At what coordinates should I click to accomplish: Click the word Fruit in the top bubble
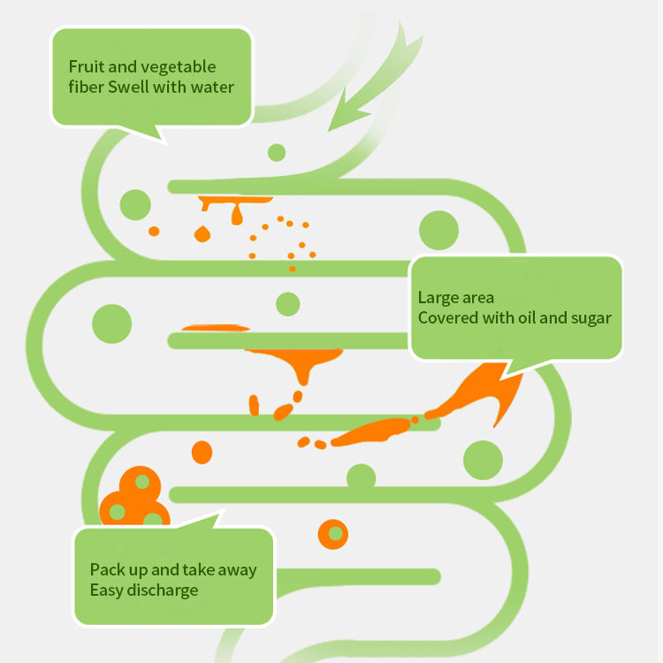[85, 67]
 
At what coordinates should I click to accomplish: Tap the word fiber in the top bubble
[86, 88]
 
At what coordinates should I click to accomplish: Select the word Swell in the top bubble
[129, 88]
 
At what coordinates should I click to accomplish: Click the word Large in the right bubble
[438, 298]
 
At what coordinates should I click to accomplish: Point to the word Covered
[446, 318]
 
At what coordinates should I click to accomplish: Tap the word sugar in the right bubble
[589, 318]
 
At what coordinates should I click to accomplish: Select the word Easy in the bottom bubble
[106, 591]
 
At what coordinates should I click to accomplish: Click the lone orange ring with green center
[334, 534]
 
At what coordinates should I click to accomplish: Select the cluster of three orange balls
[133, 500]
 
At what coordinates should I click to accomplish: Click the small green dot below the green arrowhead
[277, 152]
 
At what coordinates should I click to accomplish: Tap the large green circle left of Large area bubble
[438, 230]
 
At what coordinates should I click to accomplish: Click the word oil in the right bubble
[526, 318]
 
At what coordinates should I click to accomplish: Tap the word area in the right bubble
[477, 298]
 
